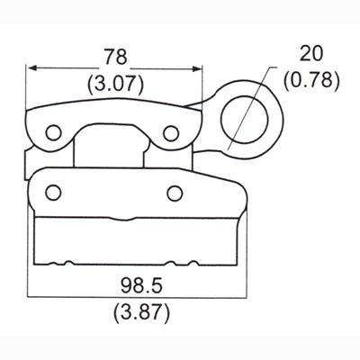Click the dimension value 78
116,57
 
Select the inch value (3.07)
115,83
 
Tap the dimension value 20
312,54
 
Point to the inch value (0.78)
312,80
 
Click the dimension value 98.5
141,285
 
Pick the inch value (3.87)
141,312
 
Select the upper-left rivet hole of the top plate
53,132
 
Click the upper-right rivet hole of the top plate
171,133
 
